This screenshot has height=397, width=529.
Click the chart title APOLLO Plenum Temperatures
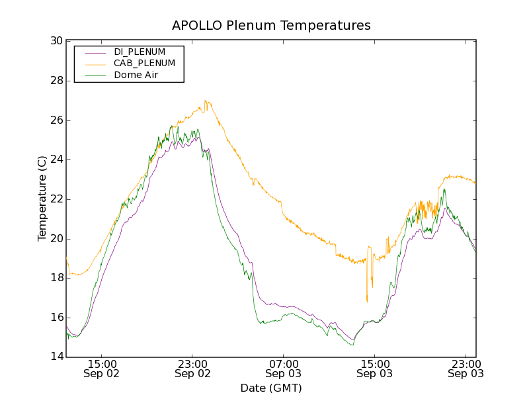pyautogui.click(x=271, y=26)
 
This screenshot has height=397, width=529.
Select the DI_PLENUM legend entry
pyautogui.click(x=140, y=52)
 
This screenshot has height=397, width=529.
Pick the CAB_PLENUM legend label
pyautogui.click(x=144, y=64)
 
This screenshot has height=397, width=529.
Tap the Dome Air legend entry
pyautogui.click(x=136, y=75)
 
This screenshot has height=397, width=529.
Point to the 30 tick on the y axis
pyautogui.click(x=56, y=41)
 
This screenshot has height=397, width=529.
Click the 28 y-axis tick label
pyautogui.click(x=56, y=81)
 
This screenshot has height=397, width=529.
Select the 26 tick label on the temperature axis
pyautogui.click(x=56, y=120)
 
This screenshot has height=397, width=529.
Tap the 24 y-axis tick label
pyautogui.click(x=56, y=159)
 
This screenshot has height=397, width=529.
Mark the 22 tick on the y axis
pyautogui.click(x=56, y=199)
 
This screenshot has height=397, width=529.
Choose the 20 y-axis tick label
pyautogui.click(x=56, y=239)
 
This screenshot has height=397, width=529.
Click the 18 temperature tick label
pyautogui.click(x=56, y=278)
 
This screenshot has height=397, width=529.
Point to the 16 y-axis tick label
pyautogui.click(x=56, y=318)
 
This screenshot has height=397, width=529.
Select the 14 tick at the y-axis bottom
pyautogui.click(x=56, y=357)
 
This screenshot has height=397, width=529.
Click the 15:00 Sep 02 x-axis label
pyautogui.click(x=102, y=369)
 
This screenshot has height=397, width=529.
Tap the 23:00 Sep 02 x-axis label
pyautogui.click(x=193, y=369)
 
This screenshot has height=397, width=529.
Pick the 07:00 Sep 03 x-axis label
pyautogui.click(x=284, y=369)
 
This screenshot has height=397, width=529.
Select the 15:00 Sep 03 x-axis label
pyautogui.click(x=374, y=369)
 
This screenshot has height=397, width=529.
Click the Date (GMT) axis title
pyautogui.click(x=271, y=388)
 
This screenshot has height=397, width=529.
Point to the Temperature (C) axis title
pyautogui.click(x=42, y=199)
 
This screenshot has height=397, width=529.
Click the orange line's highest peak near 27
pyautogui.click(x=206, y=101)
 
